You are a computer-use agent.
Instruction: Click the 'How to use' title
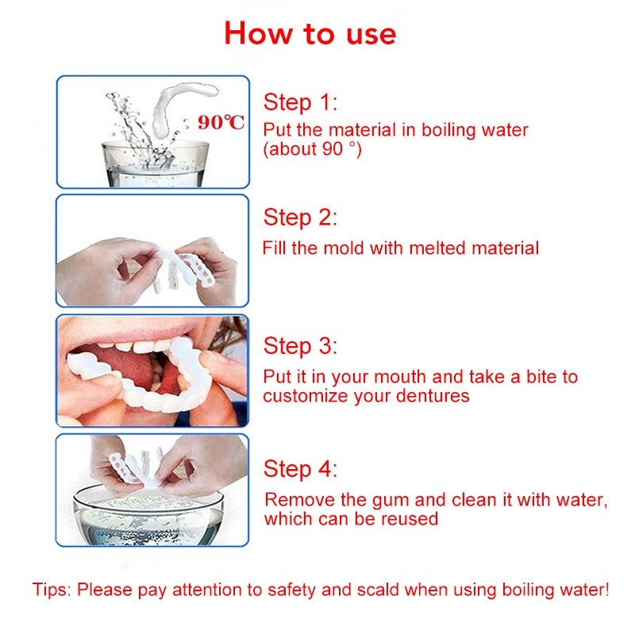pos(310,33)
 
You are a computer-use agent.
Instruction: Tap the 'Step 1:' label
pos(300,102)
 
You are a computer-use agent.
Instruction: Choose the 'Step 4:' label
pos(300,469)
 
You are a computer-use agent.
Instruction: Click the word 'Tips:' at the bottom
pos(52,590)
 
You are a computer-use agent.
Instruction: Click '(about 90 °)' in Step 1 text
pos(312,148)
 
